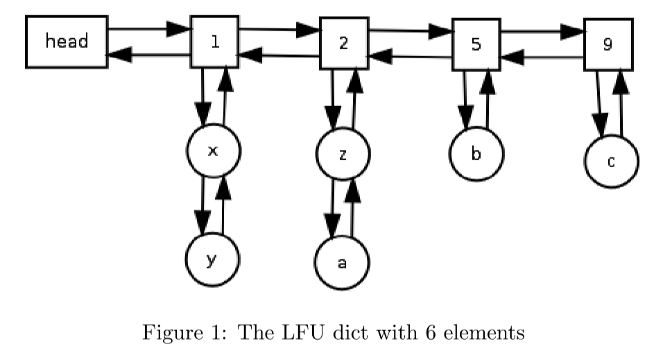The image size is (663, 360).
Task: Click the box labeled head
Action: click(x=67, y=42)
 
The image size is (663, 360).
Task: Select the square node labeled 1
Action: click(x=215, y=42)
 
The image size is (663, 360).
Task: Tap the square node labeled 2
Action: click(x=344, y=43)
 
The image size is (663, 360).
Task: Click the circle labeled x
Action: click(x=214, y=151)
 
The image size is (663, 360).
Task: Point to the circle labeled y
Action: click(x=212, y=259)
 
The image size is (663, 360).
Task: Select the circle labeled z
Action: click(x=343, y=154)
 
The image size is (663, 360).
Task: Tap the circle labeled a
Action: click(x=341, y=263)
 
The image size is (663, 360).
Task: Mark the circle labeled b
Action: click(x=476, y=153)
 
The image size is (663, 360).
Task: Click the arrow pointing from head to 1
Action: click(x=148, y=30)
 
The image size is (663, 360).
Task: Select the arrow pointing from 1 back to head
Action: click(x=148, y=55)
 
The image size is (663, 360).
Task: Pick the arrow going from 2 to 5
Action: click(x=410, y=31)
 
